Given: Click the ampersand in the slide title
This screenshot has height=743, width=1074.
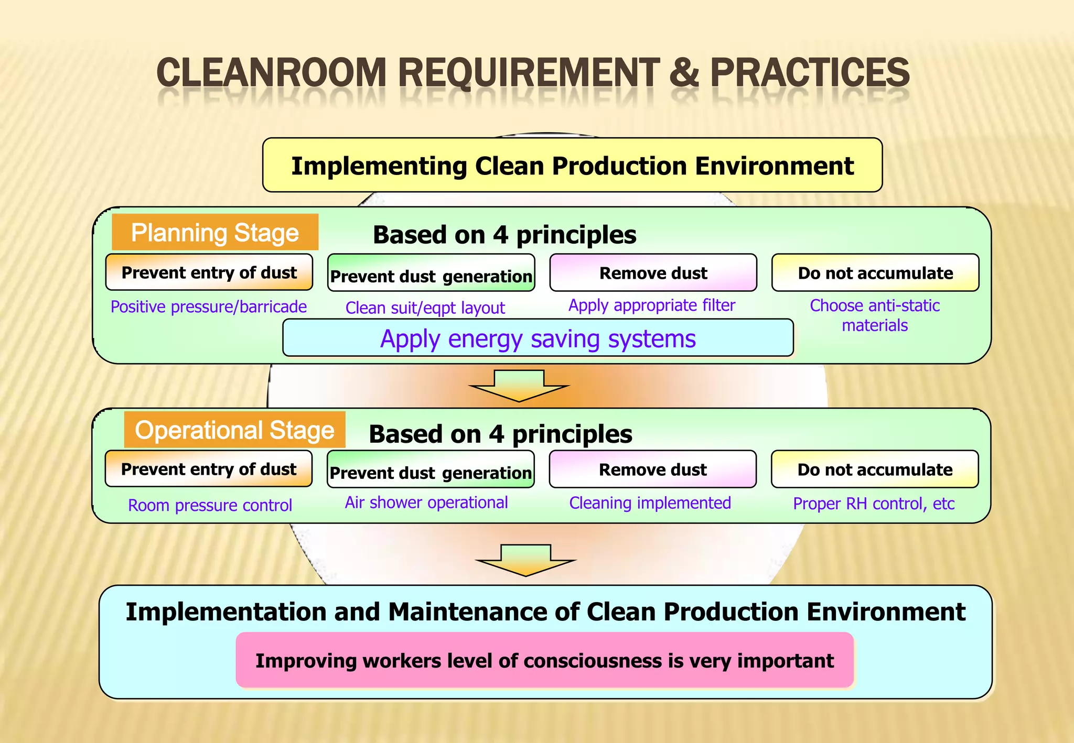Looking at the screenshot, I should [683, 73].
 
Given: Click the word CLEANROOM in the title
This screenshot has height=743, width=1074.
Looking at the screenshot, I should [271, 73].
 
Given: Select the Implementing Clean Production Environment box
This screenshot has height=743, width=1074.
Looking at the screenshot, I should [572, 166].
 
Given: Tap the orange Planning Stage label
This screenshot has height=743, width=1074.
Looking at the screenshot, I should [215, 232].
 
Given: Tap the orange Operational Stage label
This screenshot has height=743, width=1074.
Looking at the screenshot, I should [234, 430].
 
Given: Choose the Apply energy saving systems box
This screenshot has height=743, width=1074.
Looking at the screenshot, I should [538, 338].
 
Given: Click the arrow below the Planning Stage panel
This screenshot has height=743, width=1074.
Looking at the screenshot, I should [519, 386].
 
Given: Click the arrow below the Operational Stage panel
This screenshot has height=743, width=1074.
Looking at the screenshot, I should [525, 560].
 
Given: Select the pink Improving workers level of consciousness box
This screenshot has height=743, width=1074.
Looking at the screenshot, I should [544, 660].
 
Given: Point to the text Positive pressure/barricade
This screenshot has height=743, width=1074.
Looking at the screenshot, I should [209, 307].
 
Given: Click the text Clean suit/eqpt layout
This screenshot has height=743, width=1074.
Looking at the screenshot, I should [425, 308].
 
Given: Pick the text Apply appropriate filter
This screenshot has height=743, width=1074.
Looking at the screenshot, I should [652, 305].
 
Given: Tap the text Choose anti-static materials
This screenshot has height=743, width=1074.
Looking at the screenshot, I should [875, 315].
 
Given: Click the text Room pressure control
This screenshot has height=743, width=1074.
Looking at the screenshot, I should [210, 505].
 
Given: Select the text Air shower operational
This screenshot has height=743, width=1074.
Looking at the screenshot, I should [426, 502].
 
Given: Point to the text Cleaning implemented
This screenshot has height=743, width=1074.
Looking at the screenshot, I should [650, 503].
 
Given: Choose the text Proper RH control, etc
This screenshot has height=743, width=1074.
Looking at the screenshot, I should [874, 504].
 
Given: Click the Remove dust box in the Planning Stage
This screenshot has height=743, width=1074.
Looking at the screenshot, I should [653, 273].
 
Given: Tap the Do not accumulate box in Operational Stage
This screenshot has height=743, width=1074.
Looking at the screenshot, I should [875, 469].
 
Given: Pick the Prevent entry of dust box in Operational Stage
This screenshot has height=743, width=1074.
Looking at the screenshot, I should [209, 469].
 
